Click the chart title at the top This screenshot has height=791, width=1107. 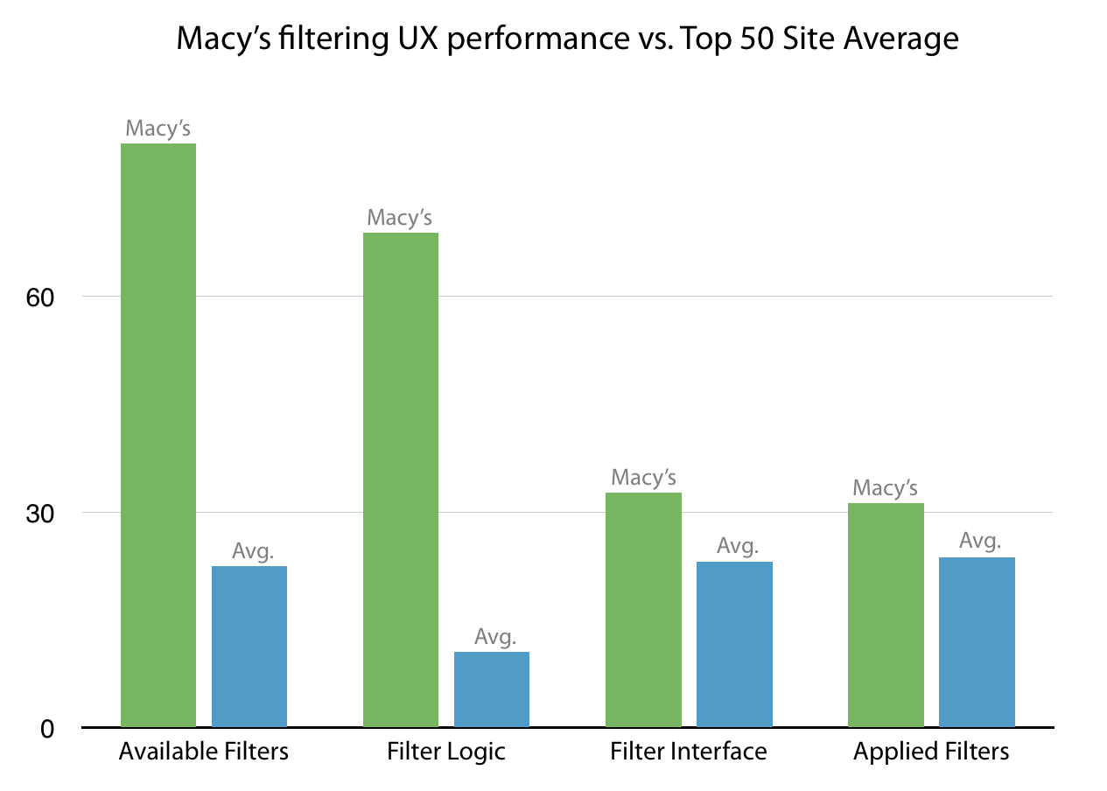point(567,39)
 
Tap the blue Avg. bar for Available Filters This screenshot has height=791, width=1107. point(249,647)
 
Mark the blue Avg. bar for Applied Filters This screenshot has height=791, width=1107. point(977,642)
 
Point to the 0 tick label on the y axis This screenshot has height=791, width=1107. point(48,728)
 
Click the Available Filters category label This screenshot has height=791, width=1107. point(204,752)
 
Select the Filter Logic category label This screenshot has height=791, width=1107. point(446,752)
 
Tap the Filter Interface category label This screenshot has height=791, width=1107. point(689,752)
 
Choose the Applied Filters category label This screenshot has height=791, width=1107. point(931,752)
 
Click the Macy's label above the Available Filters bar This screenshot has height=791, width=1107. point(158,129)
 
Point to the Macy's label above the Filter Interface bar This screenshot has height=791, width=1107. point(644,478)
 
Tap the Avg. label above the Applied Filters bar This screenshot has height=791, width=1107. point(980,541)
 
